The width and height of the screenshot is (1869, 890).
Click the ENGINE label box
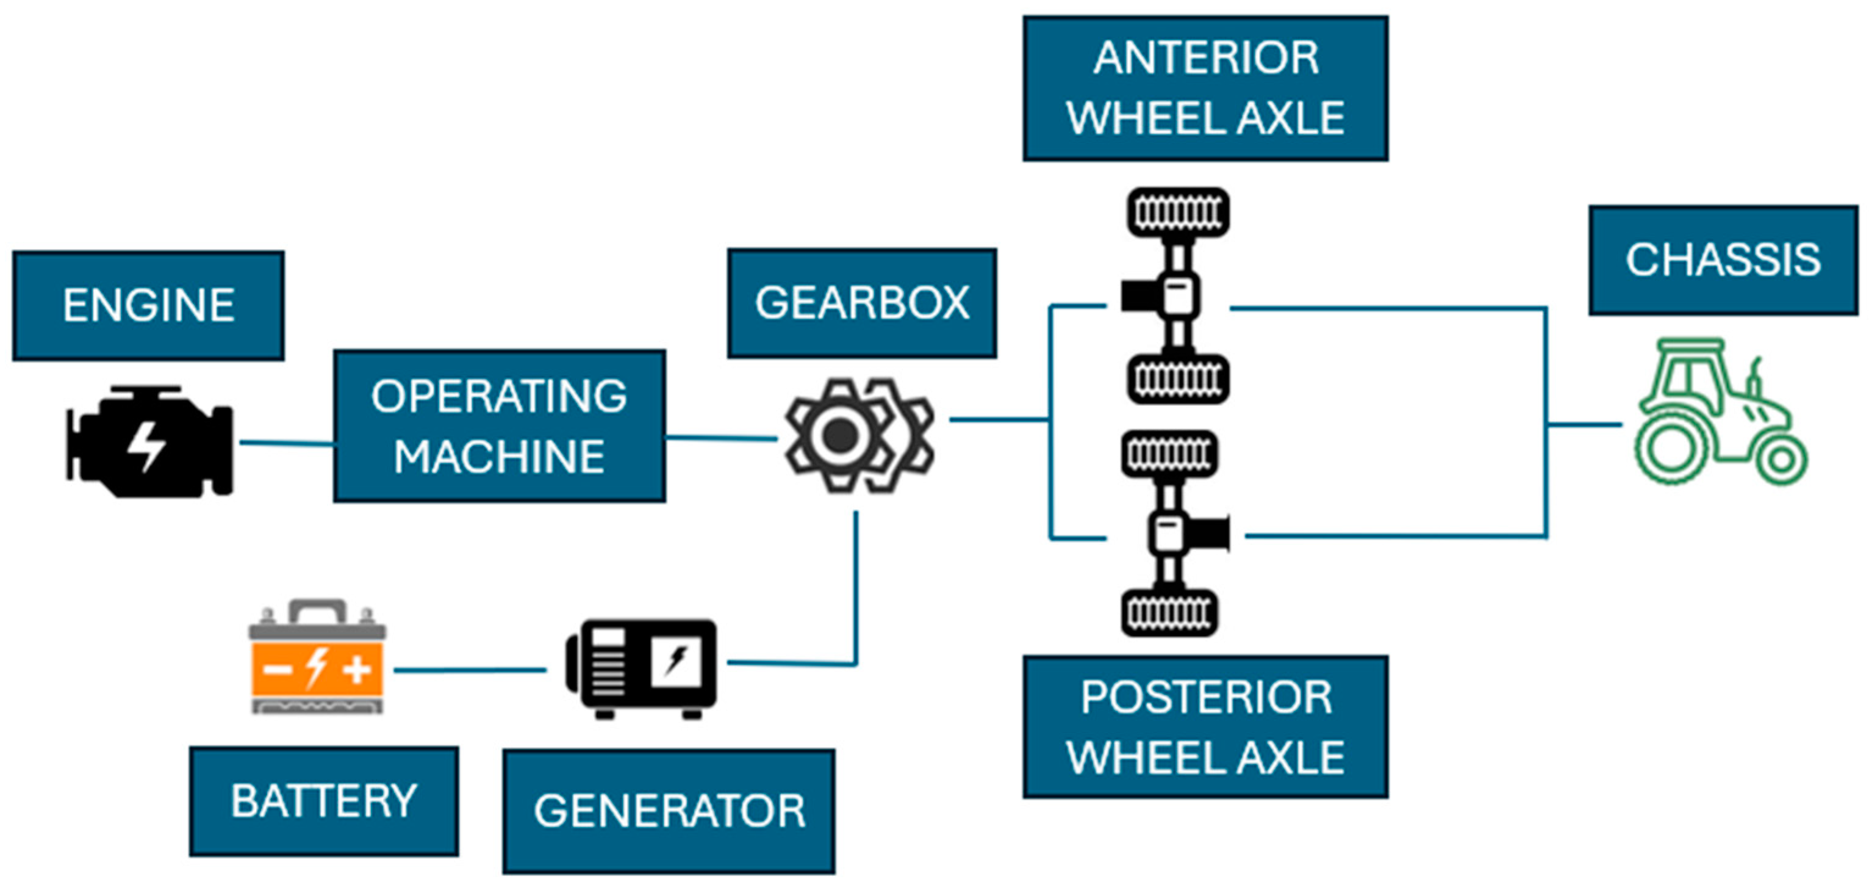[x=148, y=306]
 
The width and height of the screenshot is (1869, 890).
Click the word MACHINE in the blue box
[x=499, y=457]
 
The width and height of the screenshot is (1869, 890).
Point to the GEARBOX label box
[x=862, y=303]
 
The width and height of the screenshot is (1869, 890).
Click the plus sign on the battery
[x=357, y=668]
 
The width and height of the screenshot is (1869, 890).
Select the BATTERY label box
[x=323, y=801]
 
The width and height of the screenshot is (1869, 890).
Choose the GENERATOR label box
[x=668, y=811]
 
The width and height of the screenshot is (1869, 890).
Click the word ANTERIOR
[x=1206, y=58]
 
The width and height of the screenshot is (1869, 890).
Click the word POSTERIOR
[x=1206, y=698]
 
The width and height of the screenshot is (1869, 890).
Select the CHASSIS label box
[x=1723, y=260]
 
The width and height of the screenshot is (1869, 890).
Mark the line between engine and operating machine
[x=287, y=443]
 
